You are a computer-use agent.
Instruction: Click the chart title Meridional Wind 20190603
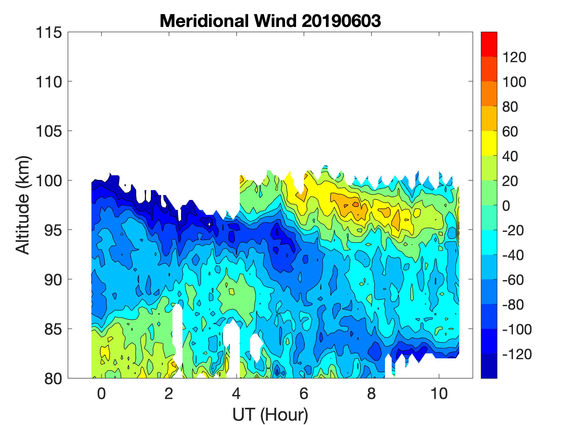click(270, 21)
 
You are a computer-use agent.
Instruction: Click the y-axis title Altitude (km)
click(23, 205)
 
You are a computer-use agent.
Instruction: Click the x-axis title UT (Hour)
click(270, 414)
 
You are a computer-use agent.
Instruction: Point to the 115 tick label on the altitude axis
click(49, 33)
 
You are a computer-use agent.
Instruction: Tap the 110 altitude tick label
click(49, 82)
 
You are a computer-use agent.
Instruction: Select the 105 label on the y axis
click(49, 131)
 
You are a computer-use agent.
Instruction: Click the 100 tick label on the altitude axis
click(49, 181)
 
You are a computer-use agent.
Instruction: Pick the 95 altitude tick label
click(53, 230)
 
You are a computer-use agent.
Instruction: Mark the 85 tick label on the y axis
click(53, 329)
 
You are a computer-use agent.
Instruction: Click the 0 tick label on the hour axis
click(102, 393)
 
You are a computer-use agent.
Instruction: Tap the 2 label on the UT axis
click(169, 393)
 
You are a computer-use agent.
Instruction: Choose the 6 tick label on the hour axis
click(304, 393)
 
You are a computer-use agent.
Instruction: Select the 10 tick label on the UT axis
click(439, 393)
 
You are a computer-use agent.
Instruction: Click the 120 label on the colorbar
click(514, 57)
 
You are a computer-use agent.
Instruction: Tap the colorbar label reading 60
click(510, 132)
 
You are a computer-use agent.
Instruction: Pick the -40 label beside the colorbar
click(513, 255)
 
